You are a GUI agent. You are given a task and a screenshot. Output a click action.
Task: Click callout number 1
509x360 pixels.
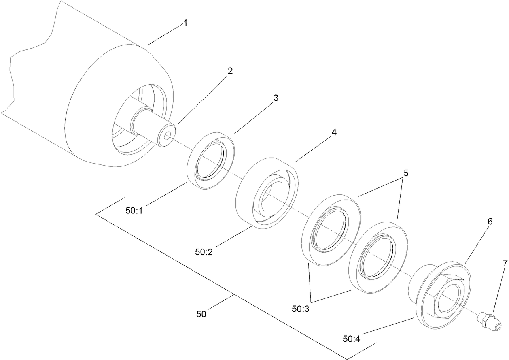185,23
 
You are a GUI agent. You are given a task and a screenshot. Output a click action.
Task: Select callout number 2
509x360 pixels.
230,71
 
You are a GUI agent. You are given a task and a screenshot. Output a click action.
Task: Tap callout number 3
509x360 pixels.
276,98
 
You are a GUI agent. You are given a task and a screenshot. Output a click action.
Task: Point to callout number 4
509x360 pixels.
334,132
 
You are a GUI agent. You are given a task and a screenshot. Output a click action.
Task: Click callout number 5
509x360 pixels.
406,173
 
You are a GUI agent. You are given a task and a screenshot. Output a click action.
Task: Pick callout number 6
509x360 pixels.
490,222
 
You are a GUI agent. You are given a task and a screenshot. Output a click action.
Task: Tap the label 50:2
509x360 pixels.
204,252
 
